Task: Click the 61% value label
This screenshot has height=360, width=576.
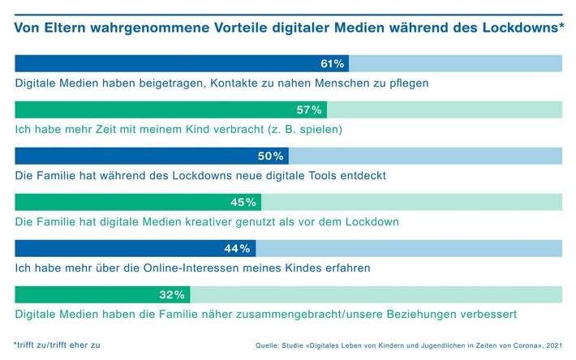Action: [333, 63]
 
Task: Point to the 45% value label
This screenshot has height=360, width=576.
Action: [246, 202]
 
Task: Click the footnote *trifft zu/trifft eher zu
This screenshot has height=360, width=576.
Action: [58, 344]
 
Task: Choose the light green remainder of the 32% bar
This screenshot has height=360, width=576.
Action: [377, 294]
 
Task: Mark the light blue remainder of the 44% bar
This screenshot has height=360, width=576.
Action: [409, 248]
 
